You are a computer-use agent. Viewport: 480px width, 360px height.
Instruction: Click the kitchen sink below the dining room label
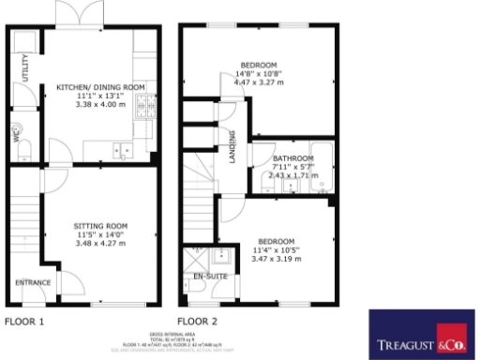[121, 148]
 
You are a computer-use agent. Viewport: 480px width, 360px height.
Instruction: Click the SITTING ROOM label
[100, 226]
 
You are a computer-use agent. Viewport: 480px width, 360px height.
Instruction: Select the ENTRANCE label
[32, 281]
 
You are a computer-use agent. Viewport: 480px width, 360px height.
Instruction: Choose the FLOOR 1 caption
[24, 321]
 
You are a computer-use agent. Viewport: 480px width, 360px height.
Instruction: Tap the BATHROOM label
[292, 157]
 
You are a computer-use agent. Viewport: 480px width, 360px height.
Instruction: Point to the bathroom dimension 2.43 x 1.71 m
[292, 174]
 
